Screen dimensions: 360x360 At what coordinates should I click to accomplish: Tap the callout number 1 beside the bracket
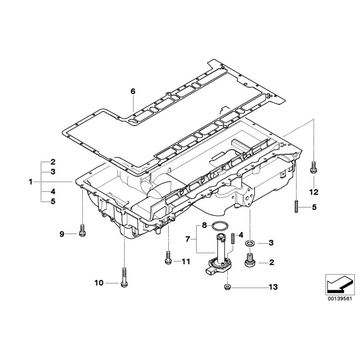coord(31,182)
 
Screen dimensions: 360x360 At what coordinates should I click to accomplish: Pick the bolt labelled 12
coord(313,167)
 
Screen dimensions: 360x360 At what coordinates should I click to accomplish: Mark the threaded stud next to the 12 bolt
coord(297,207)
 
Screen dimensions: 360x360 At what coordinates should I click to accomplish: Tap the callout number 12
coord(313,192)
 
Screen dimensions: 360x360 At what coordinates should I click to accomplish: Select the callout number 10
coord(99,283)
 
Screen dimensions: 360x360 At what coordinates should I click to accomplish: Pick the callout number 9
coord(63,233)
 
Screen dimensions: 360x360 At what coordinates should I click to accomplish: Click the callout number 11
coord(186,261)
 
